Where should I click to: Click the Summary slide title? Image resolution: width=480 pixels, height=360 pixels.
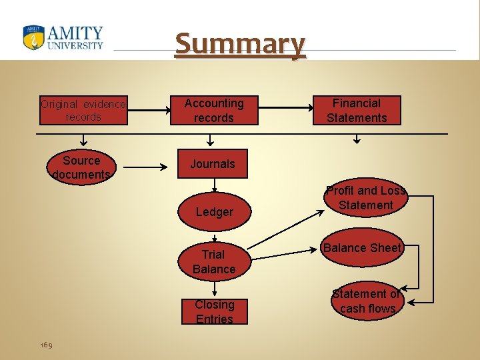[x=240, y=44]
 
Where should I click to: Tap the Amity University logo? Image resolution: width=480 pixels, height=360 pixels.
[x=63, y=37]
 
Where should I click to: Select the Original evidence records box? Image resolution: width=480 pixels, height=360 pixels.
[x=83, y=111]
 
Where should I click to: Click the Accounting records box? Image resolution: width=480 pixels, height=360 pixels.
[x=213, y=111]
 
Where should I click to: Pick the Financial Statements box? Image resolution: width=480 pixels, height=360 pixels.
[x=357, y=111]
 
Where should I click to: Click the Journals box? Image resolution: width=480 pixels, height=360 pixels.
[x=213, y=164]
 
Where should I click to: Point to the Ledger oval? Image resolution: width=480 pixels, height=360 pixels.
[x=214, y=212]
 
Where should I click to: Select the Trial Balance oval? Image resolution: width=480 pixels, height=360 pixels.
[x=214, y=261]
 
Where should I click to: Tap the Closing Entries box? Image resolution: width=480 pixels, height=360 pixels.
[x=214, y=311]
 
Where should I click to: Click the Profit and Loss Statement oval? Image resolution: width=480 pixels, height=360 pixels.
[x=365, y=198]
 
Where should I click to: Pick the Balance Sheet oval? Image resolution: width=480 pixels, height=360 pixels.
[x=362, y=248]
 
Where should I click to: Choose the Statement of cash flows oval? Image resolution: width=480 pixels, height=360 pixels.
[x=367, y=301]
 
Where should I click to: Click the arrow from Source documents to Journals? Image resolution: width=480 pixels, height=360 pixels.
[x=147, y=168]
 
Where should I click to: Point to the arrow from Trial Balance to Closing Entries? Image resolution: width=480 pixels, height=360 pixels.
[x=214, y=288]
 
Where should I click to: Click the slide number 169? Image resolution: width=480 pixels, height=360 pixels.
[x=46, y=345]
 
